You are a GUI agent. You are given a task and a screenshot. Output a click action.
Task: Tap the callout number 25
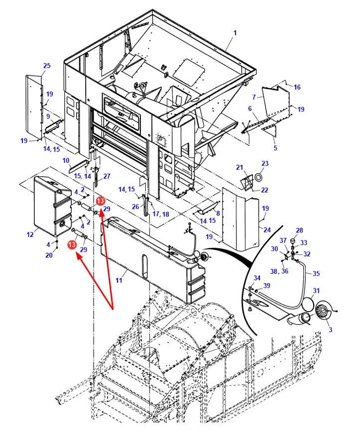pyautogui.click(x=47, y=66)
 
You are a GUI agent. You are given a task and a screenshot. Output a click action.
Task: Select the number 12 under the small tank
pyautogui.click(x=30, y=234)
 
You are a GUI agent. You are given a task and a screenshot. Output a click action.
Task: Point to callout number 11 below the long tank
pyautogui.click(x=119, y=281)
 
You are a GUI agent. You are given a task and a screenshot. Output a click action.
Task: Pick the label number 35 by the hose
pyautogui.click(x=316, y=273)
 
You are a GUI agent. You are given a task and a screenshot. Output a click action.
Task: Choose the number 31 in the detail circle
pyautogui.click(x=317, y=291)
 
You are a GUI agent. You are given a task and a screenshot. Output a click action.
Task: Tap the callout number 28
pyautogui.click(x=299, y=230)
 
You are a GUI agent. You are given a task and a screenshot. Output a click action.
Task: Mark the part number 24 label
pyautogui.click(x=267, y=230)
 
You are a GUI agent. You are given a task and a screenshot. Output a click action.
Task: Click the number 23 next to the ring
pyautogui.click(x=265, y=163)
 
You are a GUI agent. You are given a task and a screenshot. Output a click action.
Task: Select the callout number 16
pyautogui.click(x=297, y=87)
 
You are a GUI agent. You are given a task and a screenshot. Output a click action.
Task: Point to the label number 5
pyautogui.click(x=275, y=147)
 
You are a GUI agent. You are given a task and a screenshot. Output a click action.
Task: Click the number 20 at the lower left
pyautogui.click(x=49, y=255)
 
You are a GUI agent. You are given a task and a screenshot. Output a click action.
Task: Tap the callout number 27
pyautogui.click(x=107, y=176)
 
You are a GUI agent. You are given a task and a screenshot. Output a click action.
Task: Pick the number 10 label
pyautogui.click(x=66, y=160)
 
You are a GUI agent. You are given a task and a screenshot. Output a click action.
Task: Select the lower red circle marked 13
pyautogui.click(x=73, y=245)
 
